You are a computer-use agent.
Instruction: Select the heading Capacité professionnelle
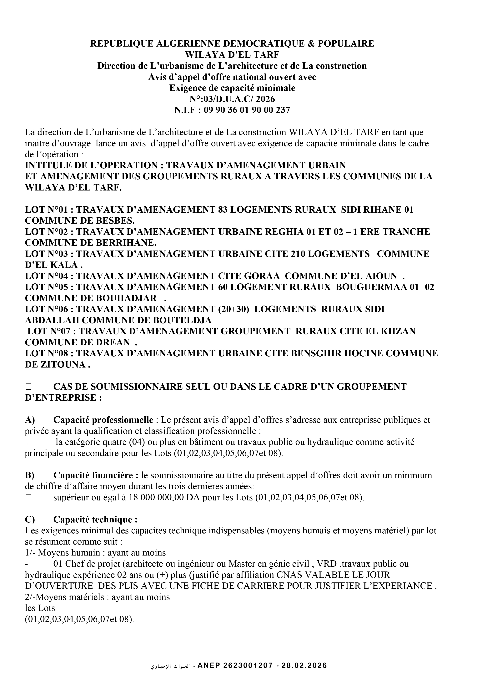(x=103, y=420)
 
